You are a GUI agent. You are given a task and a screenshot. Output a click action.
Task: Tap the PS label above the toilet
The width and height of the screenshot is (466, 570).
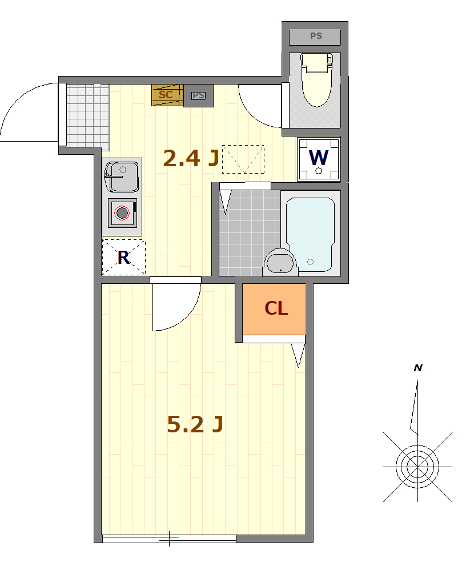316,36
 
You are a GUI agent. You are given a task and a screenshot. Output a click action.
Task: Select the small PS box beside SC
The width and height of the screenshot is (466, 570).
198,95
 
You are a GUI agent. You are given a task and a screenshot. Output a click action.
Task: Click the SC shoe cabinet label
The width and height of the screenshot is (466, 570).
166,95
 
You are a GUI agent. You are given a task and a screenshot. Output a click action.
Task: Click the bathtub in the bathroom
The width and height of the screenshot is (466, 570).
310,235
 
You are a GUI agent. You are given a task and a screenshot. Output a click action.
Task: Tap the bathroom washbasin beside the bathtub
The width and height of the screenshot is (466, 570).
280,263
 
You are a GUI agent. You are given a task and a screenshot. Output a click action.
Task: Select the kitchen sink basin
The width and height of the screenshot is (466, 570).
122,177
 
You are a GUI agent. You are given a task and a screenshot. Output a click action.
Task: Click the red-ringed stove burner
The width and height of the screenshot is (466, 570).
122,213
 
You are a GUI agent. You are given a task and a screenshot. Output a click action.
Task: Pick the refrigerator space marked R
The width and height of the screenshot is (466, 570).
123,257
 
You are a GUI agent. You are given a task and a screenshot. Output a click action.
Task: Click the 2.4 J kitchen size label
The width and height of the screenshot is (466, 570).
191,158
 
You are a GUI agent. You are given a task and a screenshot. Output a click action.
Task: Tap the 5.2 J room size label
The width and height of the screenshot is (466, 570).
195,424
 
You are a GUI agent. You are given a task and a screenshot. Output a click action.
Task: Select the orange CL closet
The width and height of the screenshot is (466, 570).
274,309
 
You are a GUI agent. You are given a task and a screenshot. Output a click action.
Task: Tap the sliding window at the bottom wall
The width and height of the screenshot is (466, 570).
169,539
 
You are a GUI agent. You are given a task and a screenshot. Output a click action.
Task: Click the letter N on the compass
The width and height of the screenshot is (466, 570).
418,368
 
